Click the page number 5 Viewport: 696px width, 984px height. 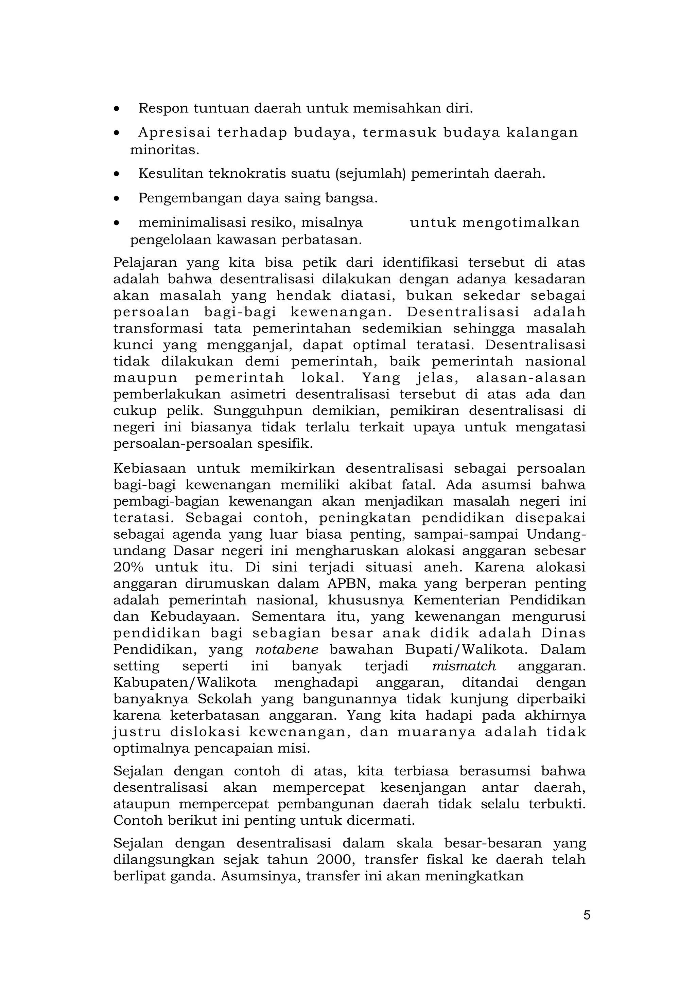tap(587, 915)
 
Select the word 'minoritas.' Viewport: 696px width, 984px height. tap(165, 150)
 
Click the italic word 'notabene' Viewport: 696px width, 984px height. tap(286, 650)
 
